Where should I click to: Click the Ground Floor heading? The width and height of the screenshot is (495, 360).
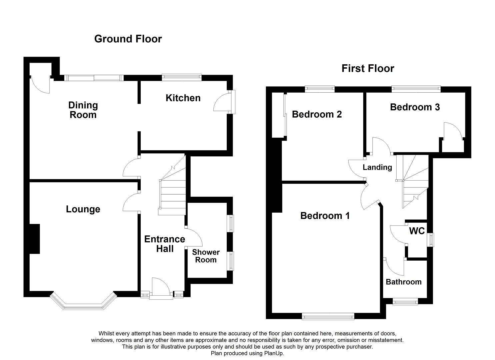(128, 39)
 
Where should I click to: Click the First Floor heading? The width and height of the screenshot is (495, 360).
(368, 69)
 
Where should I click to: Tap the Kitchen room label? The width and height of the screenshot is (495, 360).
(183, 98)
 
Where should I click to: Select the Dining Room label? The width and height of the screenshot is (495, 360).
(83, 110)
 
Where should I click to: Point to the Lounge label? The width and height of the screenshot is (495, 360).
(83, 209)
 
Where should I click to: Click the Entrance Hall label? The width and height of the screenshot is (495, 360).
(165, 244)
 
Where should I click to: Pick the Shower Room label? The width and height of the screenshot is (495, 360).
(206, 256)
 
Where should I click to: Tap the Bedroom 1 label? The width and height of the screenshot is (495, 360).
(325, 216)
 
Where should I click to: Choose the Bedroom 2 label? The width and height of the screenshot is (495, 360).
(317, 114)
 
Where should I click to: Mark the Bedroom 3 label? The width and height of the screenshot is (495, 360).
(415, 107)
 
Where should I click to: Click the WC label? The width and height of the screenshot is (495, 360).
(417, 231)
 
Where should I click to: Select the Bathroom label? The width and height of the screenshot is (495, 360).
(403, 282)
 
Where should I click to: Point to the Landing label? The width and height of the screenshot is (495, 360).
(377, 167)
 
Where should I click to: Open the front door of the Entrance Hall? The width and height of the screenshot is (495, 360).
(161, 287)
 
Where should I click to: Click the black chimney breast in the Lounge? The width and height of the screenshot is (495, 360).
(34, 239)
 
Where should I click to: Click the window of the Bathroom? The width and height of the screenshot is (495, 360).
(405, 302)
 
